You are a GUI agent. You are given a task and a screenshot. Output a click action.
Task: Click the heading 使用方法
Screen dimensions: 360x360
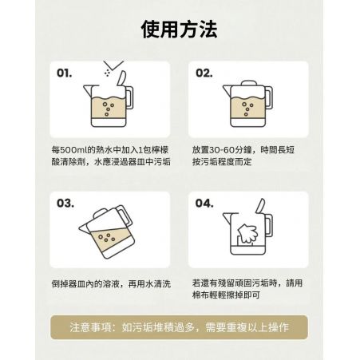[x=180, y=29]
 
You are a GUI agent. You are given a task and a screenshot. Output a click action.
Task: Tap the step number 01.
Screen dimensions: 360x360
[x=64, y=73]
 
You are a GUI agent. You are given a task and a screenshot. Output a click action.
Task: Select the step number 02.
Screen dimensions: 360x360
[x=204, y=73]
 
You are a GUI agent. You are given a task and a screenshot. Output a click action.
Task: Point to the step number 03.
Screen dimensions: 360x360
[x=65, y=204]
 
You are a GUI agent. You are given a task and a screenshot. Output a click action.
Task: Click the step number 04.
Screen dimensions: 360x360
[x=204, y=204]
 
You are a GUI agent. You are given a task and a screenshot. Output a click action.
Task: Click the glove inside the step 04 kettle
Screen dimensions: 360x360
[x=247, y=233]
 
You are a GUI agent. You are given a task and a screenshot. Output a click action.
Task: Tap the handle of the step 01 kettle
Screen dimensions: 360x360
[x=129, y=97]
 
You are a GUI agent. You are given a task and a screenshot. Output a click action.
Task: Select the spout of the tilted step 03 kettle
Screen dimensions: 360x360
[x=85, y=228]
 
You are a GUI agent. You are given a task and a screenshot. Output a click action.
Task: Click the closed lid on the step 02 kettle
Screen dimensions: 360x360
[x=249, y=83]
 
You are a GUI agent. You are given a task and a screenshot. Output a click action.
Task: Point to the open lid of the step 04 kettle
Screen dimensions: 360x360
[x=260, y=206]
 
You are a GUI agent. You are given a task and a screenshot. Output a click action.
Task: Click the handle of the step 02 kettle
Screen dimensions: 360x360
[x=269, y=97]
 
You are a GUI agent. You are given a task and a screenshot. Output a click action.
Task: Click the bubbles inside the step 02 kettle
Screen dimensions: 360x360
[x=247, y=109]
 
